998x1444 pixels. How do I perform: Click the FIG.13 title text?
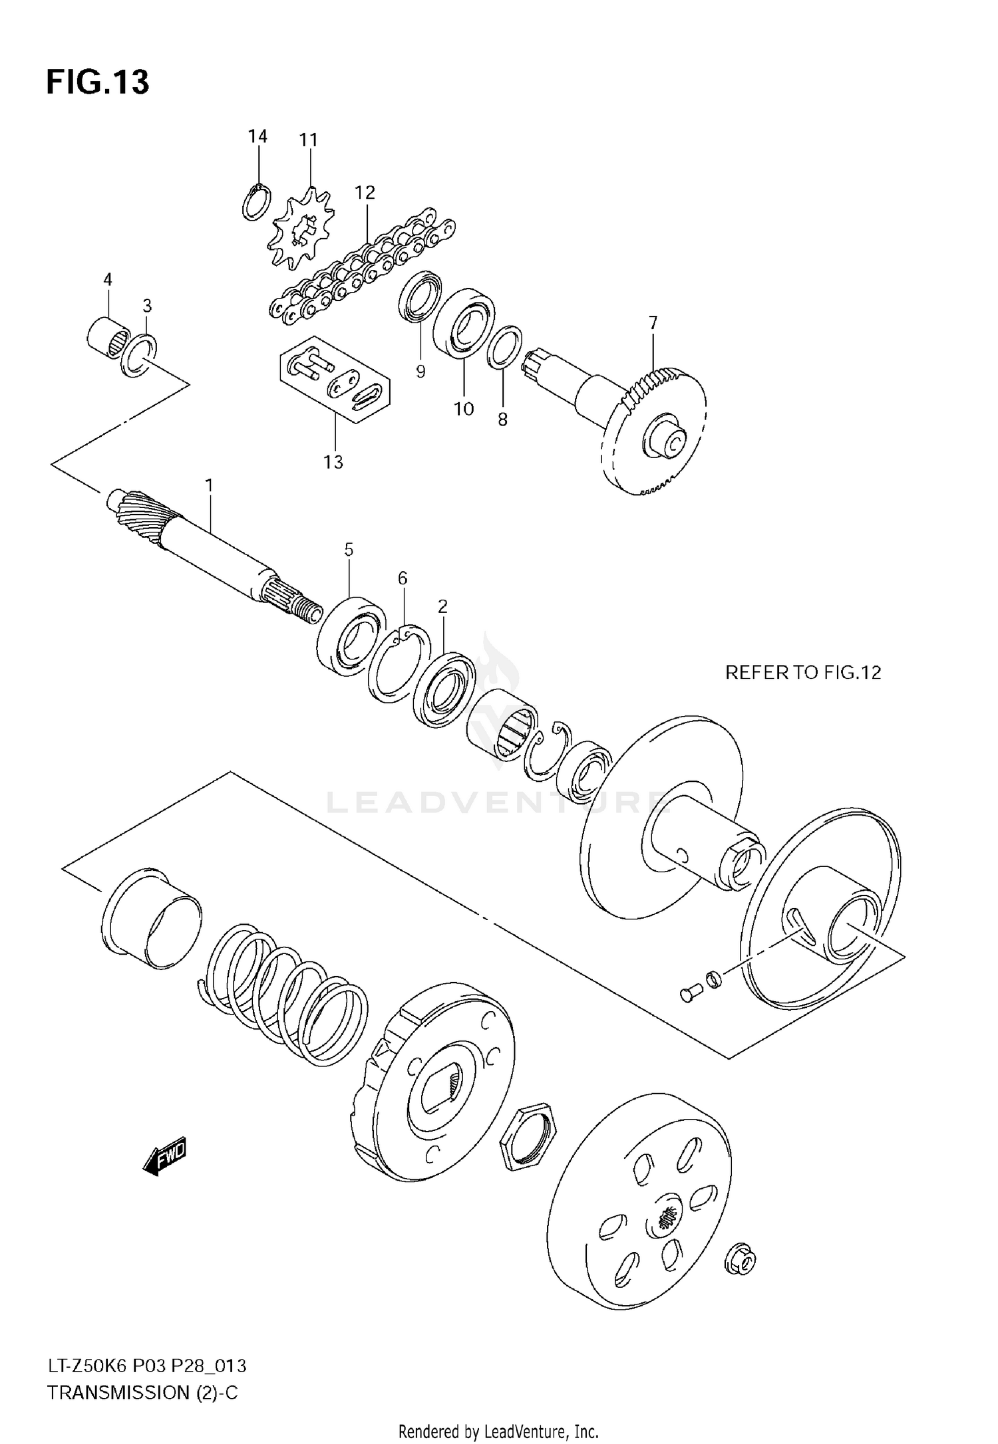98,82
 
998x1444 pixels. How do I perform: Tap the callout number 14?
257,136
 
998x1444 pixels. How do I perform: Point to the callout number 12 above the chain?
365,193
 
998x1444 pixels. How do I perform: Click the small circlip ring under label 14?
256,203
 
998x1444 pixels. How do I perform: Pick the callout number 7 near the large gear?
653,323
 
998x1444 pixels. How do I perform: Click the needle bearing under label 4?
108,338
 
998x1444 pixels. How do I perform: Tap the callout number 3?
147,306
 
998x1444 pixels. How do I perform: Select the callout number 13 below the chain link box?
333,461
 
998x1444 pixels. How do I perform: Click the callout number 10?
464,408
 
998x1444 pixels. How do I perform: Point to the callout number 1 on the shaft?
209,486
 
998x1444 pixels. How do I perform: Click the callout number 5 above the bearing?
349,550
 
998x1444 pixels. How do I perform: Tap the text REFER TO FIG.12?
802,673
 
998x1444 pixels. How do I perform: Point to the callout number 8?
502,420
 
